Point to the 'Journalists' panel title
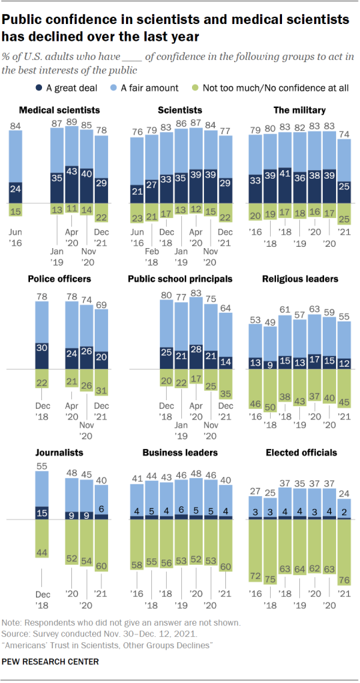tap(50, 453)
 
